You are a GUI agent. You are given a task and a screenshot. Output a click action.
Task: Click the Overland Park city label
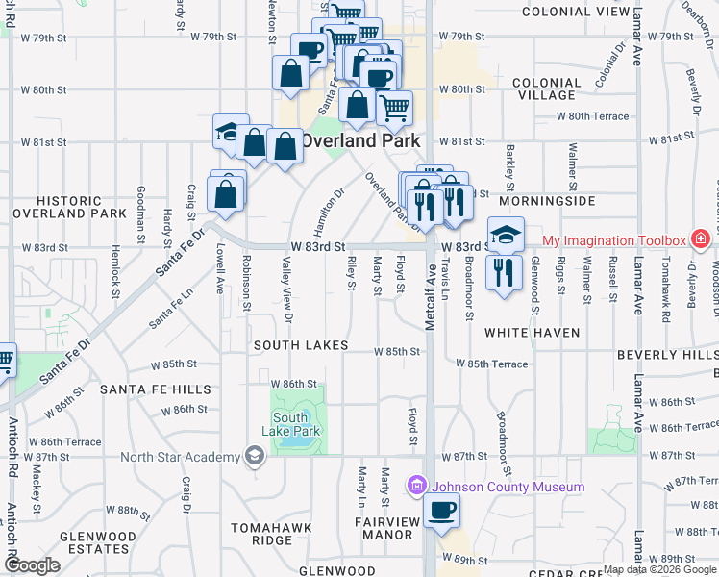(x=360, y=139)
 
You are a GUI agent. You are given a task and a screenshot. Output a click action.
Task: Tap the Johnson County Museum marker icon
(x=416, y=487)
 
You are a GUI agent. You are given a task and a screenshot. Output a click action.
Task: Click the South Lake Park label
(x=290, y=424)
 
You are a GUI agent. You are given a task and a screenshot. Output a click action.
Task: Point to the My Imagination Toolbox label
(x=614, y=240)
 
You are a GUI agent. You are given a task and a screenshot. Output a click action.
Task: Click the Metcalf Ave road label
(x=432, y=280)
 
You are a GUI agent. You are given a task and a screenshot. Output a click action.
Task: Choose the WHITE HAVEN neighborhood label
(x=532, y=333)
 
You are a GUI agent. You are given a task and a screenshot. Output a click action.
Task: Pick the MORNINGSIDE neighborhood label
(x=545, y=202)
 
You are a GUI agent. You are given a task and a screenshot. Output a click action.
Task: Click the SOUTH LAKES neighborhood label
(x=301, y=344)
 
